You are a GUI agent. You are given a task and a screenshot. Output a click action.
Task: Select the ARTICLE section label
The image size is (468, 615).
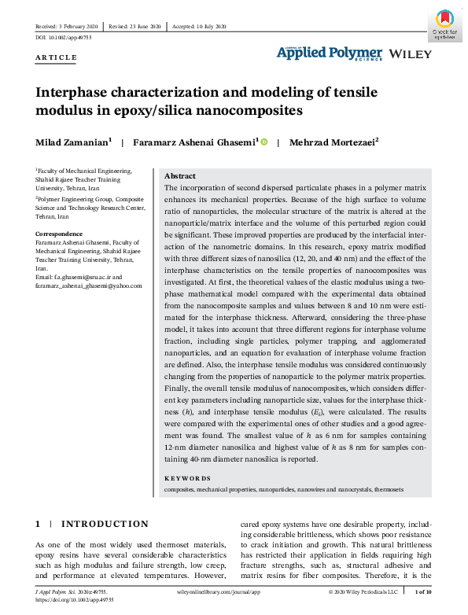[x=57, y=57]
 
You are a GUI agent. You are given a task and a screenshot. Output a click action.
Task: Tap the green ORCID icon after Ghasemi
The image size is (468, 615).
[x=263, y=142]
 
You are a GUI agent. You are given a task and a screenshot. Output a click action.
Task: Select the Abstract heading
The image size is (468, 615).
[x=179, y=176]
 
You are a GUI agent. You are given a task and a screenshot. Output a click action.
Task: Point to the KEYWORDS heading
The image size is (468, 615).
[x=187, y=478]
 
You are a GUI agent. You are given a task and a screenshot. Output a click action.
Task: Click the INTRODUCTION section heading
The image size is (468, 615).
[x=105, y=524]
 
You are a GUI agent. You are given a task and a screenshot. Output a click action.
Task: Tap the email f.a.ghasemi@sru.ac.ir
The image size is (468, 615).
[x=84, y=277]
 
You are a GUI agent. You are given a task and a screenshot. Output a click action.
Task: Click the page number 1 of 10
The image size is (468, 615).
[x=422, y=590]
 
